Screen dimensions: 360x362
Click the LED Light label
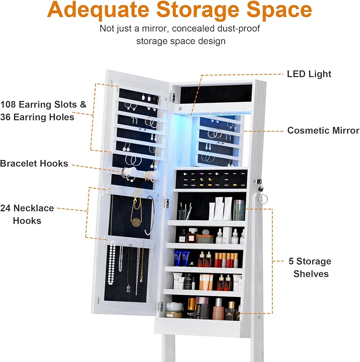[309, 74]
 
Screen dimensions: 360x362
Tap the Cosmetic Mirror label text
[323, 131]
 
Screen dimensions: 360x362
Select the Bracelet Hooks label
[34, 164]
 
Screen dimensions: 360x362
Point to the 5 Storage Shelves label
[310, 268]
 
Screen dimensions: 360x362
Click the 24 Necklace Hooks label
[27, 214]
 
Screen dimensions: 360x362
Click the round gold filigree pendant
[136, 222]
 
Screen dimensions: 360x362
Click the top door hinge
[171, 97]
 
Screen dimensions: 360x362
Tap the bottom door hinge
[159, 307]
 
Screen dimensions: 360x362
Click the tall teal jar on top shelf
[239, 210]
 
